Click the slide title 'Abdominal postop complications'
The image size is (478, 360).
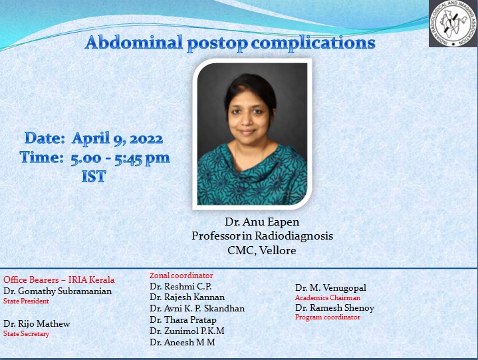coord(230,44)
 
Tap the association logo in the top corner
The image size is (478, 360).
coord(453,23)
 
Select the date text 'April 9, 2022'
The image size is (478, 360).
coord(117,139)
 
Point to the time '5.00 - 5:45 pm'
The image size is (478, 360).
coord(120,158)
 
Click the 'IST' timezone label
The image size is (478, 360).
coord(94,177)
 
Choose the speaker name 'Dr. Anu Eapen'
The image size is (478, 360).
coord(262,222)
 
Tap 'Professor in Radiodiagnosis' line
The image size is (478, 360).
coord(262,236)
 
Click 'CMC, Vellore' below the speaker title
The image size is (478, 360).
coord(262,250)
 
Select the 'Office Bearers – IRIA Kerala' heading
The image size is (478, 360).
coord(59,279)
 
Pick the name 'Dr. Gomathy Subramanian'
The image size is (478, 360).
coord(58,291)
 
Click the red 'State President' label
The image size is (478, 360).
coord(27,301)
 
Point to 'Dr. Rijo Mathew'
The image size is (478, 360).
coord(37,323)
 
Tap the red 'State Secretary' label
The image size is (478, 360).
coord(27,334)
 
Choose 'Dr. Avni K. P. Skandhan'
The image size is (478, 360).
coord(197,308)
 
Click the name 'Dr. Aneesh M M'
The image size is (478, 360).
coord(183,342)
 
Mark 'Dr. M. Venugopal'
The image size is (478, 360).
coord(330,287)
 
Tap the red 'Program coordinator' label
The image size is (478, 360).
coord(328,317)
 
